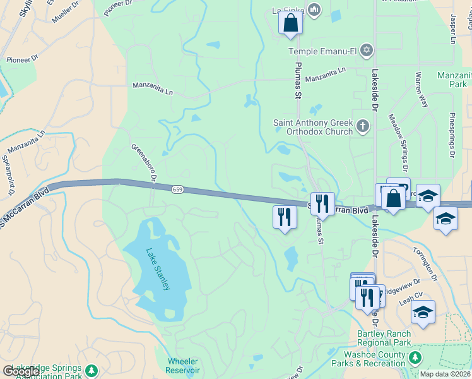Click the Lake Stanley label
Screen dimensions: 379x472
pos(158,269)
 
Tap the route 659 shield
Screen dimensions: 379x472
pos(177,189)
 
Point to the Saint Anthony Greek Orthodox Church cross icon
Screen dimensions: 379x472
pos(362,126)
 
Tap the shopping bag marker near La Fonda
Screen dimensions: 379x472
pos(291,23)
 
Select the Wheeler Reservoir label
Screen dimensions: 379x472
pos(183,366)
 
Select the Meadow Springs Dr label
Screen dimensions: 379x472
pos(399,143)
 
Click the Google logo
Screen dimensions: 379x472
pos(21,371)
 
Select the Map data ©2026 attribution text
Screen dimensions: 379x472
pos(445,374)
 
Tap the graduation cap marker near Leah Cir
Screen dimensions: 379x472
pos(423,313)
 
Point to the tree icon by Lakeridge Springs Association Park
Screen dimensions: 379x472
pos(92,370)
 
